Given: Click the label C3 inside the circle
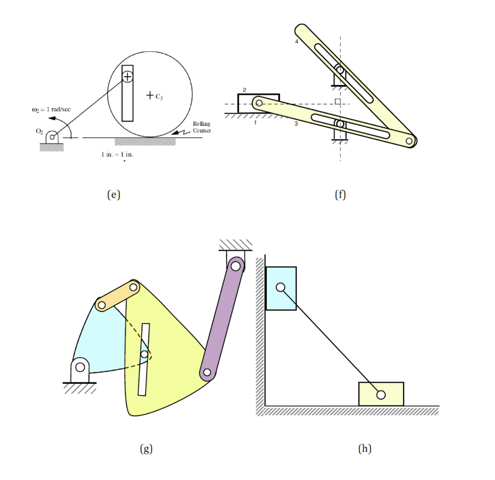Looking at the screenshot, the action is click(x=159, y=97).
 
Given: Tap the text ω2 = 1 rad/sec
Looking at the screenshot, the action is click(x=51, y=110).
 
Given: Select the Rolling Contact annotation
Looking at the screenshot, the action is click(x=202, y=127).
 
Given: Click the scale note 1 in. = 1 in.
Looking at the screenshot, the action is click(x=117, y=154).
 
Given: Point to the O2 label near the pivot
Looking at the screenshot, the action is click(x=40, y=131).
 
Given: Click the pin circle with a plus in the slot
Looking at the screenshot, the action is click(x=127, y=76).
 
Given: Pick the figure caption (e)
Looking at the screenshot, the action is click(x=114, y=194).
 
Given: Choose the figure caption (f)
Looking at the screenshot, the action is click(x=340, y=194).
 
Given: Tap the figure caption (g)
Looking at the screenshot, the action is click(x=146, y=449).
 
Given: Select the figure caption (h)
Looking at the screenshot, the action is click(x=364, y=449).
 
